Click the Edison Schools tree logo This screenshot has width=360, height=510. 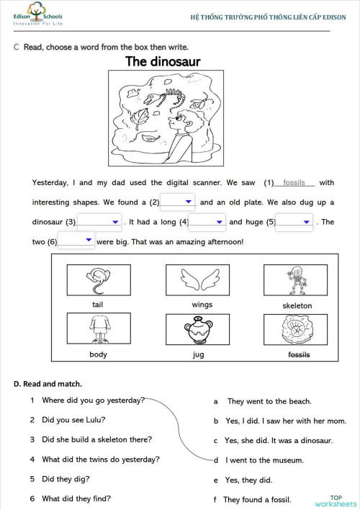[x=37, y=9]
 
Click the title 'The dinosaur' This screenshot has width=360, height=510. [x=163, y=61]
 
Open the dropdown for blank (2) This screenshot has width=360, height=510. [x=178, y=202]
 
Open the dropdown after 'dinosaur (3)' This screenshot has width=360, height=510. [x=99, y=222]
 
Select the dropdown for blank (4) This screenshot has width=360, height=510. [x=207, y=222]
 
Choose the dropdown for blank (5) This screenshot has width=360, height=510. [x=294, y=222]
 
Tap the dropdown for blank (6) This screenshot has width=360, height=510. [x=76, y=241]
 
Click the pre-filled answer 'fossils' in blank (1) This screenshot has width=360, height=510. [x=294, y=182]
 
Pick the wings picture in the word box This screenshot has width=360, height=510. [x=198, y=280]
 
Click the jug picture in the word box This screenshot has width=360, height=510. [x=198, y=329]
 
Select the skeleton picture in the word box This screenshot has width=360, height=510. [x=296, y=280]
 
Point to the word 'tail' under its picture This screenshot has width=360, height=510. [x=98, y=305]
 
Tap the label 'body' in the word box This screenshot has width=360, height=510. [x=98, y=354]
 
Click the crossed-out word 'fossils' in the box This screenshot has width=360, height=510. [x=299, y=354]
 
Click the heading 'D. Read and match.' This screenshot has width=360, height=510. [x=48, y=384]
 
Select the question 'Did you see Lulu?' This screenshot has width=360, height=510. [x=73, y=420]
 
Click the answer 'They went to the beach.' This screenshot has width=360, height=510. [x=269, y=401]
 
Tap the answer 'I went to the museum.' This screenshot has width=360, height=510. [x=264, y=460]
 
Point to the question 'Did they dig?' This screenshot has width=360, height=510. [x=66, y=479]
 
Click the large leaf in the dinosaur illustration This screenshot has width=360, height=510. [x=139, y=117]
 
